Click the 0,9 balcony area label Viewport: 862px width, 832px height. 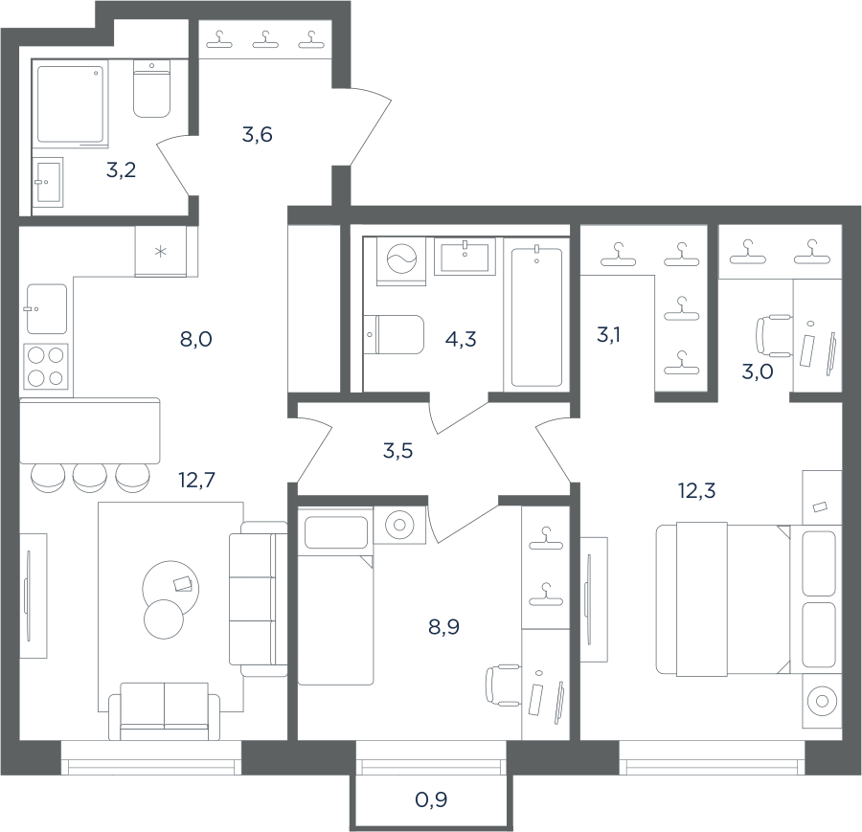click(x=431, y=800)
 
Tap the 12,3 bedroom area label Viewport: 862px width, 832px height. click(x=696, y=490)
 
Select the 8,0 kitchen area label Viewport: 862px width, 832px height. click(x=195, y=339)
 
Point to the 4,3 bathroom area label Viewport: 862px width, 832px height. click(x=461, y=339)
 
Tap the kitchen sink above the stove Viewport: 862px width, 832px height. click(x=47, y=309)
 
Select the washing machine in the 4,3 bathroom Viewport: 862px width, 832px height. click(x=402, y=261)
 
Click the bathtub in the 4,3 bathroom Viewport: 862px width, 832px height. click(x=536, y=317)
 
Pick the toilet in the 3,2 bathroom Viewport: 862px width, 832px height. click(x=151, y=88)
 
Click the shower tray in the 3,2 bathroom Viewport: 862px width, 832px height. click(x=70, y=102)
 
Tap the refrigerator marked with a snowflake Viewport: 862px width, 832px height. click(x=161, y=252)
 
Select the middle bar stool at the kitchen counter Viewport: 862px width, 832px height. click(x=90, y=478)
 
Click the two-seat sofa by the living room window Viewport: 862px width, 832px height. click(x=165, y=711)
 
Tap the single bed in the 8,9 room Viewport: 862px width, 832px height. click(x=335, y=596)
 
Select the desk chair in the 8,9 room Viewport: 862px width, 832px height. click(x=503, y=685)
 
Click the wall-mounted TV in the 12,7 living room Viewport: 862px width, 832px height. click(x=27, y=596)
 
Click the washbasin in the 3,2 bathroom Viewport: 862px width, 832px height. click(x=47, y=183)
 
